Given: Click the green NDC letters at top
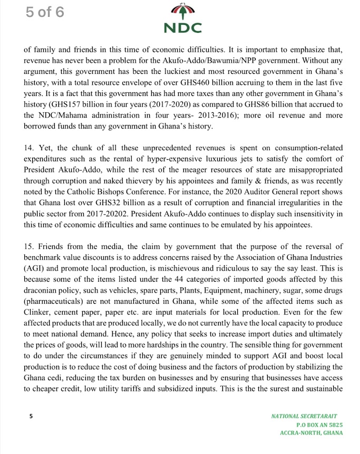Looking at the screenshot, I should point(182,27).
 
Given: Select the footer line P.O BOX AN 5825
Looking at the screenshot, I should point(319,424).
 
